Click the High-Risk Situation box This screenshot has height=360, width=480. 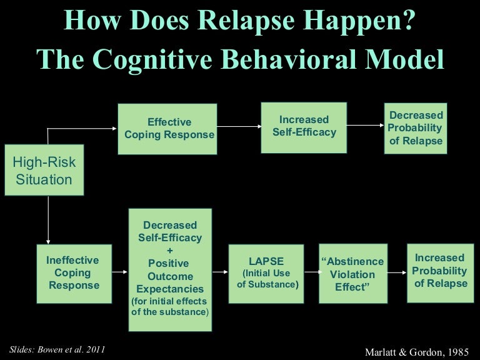tap(44, 171)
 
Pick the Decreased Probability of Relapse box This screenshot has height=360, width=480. tap(416, 128)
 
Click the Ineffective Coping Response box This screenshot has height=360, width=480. tap(72, 273)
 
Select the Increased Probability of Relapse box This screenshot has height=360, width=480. tap(439, 271)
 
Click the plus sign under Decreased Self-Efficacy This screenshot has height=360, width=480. tap(169, 251)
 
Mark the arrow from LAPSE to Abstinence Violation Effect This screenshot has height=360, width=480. tap(308, 272)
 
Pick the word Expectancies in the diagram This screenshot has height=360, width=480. tap(170, 289)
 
